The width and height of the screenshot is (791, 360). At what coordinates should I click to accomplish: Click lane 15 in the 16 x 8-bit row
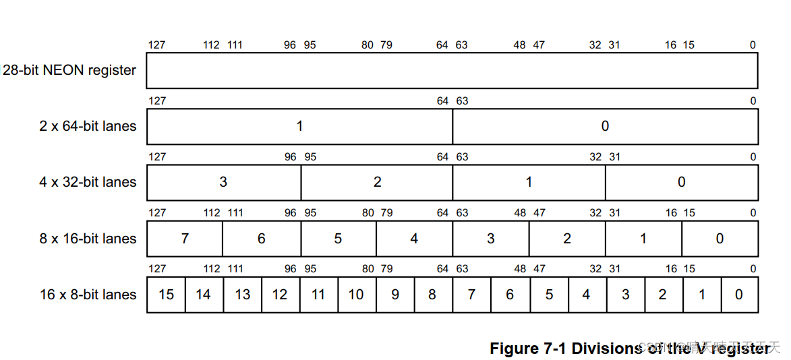[166, 295]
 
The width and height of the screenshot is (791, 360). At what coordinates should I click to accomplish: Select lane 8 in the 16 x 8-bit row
[432, 295]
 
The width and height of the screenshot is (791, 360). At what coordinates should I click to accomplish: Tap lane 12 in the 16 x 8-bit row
[280, 295]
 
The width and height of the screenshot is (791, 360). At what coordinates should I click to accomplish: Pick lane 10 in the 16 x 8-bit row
[356, 295]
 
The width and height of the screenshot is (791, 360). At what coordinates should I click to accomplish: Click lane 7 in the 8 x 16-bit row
[185, 239]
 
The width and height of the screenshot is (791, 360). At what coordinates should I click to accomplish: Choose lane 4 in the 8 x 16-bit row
[414, 239]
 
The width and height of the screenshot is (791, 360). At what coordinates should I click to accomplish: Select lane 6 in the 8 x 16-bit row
[262, 239]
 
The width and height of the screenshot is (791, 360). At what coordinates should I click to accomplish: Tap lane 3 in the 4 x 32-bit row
[223, 182]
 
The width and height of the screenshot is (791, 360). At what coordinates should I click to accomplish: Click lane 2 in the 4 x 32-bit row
[377, 182]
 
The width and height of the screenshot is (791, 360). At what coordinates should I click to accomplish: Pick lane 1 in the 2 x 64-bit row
[299, 126]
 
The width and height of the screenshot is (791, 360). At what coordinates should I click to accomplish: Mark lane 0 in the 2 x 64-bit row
[605, 126]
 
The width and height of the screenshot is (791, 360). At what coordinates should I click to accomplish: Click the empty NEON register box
[452, 70]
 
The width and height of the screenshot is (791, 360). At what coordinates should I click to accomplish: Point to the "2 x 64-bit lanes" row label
[88, 126]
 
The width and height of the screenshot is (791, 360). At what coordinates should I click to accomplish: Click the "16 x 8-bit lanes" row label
[88, 295]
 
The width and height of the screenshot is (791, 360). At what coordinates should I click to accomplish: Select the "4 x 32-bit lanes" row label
[88, 182]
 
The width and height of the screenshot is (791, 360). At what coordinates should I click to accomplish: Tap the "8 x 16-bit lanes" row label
[88, 239]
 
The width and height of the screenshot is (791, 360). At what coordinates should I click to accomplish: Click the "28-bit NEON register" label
[69, 70]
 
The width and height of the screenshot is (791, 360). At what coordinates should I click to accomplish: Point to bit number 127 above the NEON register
[156, 45]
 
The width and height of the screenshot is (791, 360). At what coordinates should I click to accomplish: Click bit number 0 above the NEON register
[753, 45]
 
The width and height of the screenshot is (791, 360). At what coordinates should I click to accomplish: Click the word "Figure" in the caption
[514, 349]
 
